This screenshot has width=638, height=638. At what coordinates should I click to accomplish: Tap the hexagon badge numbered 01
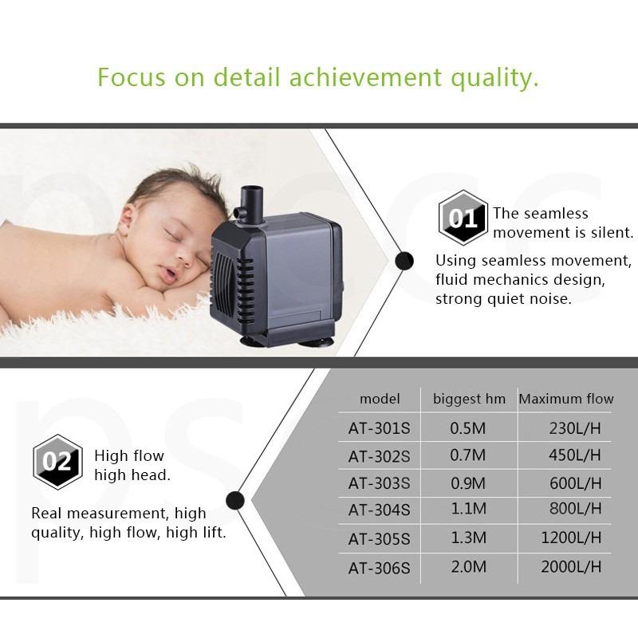(463, 218)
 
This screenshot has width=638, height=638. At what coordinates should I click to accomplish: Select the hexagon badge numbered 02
(57, 462)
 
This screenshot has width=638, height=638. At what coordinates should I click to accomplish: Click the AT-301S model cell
(380, 428)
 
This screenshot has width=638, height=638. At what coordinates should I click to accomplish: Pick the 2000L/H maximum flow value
(571, 567)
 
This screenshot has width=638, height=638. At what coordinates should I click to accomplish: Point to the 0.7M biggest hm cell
(468, 455)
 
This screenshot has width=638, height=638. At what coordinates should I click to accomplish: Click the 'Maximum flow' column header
(566, 399)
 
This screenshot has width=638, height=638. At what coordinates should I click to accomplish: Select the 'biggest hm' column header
(469, 400)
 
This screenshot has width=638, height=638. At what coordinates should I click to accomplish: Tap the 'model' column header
(380, 399)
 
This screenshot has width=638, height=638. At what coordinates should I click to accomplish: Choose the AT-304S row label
(380, 510)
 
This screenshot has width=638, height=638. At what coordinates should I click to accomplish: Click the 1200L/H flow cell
(571, 538)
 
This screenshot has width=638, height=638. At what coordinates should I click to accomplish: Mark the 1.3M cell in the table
(469, 538)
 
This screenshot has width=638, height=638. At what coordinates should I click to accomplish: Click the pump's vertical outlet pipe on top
(252, 203)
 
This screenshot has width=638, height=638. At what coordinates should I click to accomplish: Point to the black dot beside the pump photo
(404, 261)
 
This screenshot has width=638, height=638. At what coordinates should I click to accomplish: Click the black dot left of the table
(235, 501)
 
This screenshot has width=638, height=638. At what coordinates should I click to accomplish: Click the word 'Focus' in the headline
(132, 77)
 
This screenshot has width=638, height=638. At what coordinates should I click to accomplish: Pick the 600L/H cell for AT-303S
(575, 483)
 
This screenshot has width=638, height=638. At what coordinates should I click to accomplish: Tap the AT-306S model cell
(380, 568)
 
